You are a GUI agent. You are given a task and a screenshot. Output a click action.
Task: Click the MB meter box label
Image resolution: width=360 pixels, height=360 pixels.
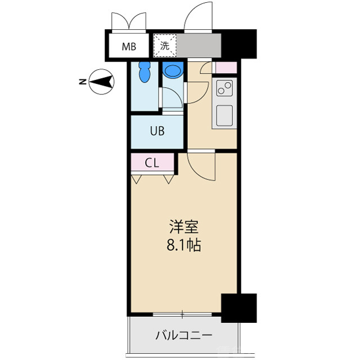tap(130, 47)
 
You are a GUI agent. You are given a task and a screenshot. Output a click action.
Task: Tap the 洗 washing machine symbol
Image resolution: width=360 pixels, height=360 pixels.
tap(165, 46)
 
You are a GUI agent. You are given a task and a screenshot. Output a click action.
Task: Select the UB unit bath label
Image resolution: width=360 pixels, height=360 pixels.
tap(157, 131)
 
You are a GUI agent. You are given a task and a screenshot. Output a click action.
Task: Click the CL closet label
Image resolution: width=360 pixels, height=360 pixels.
tap(152, 163)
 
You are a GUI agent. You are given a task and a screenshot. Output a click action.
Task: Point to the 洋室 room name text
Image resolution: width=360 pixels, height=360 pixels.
tap(184, 228)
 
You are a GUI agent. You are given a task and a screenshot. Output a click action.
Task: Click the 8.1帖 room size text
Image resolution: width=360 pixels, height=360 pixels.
tap(184, 245)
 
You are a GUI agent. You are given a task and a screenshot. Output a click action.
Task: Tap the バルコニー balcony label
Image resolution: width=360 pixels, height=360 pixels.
tap(184, 336)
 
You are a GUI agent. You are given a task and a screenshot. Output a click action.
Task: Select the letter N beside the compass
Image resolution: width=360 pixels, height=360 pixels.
tap(83, 83)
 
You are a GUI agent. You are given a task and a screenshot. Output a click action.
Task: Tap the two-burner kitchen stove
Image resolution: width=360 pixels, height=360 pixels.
tap(224, 89)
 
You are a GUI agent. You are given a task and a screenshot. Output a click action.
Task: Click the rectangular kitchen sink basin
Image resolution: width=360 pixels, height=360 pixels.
tap(224, 115)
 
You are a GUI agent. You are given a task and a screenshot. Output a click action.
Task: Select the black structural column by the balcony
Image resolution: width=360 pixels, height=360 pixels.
tap(238, 308)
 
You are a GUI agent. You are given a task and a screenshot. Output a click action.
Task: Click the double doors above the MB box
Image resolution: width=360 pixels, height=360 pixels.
tap(129, 21)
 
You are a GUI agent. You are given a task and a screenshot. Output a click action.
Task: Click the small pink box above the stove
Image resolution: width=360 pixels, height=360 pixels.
tap(226, 67)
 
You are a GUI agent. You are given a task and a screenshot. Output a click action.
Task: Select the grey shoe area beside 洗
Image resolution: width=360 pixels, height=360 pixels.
tap(199, 46)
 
